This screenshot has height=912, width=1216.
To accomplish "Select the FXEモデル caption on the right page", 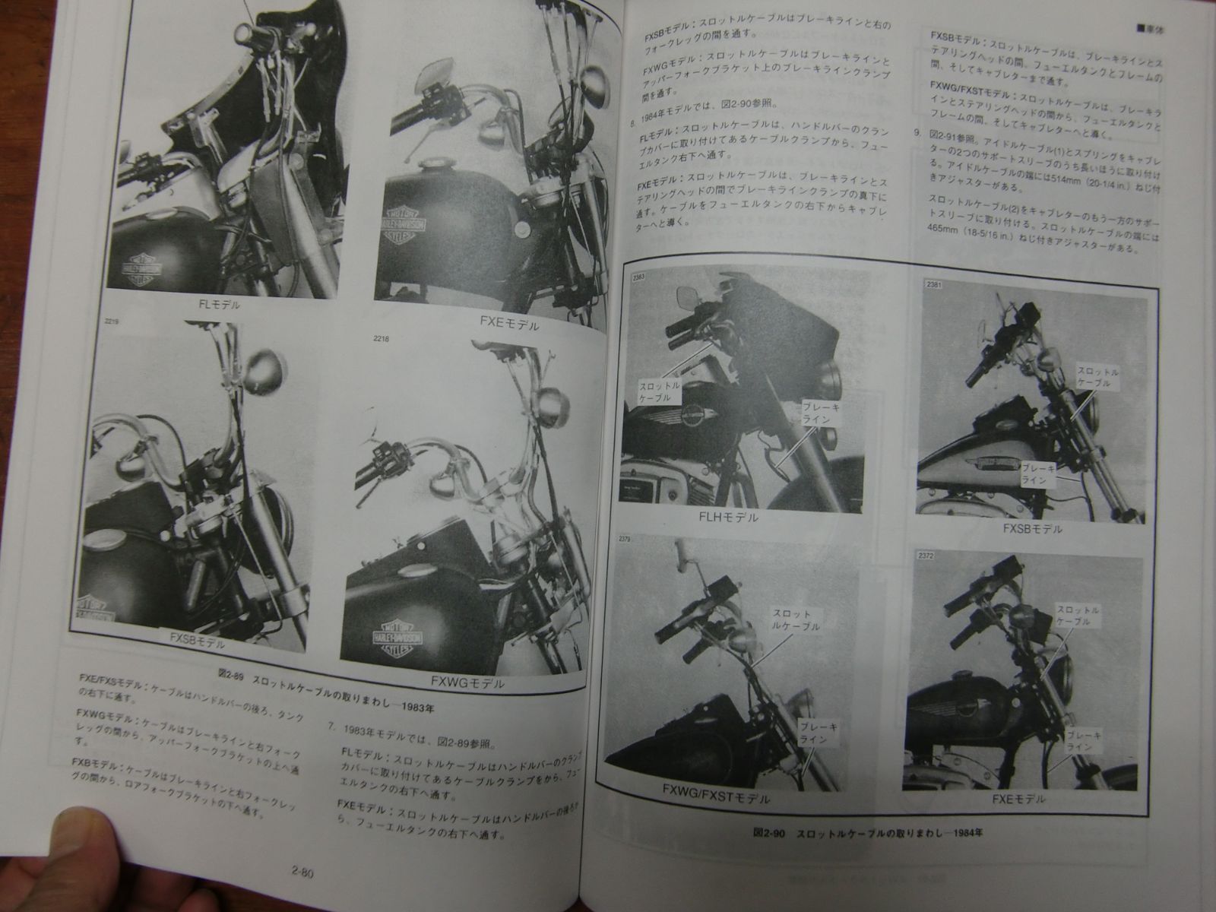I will pos(1018,800).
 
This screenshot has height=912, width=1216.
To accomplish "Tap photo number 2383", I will pos(637,277).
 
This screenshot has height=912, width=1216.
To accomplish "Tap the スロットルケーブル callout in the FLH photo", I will pos(660,393).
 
